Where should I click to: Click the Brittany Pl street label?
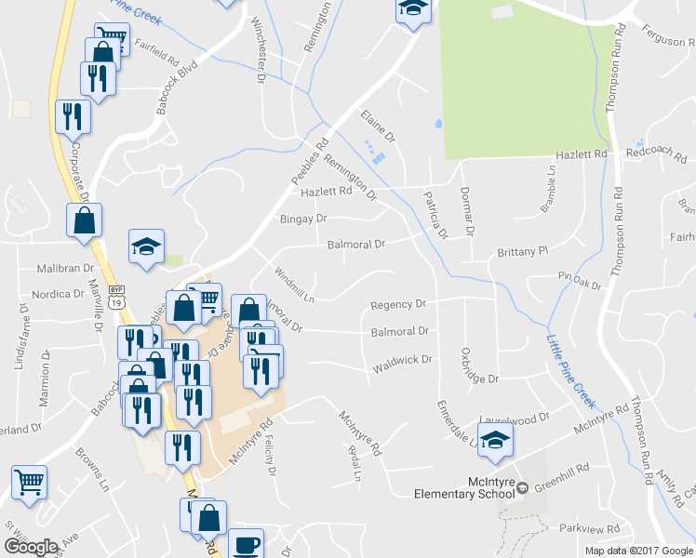point(524,251)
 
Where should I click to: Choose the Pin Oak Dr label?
point(580,279)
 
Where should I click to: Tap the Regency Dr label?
point(397,304)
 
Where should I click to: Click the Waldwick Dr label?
point(403,360)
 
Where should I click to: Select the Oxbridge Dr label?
point(479,367)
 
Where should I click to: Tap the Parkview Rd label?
point(589,527)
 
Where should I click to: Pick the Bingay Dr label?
point(304,219)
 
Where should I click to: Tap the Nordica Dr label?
point(57,294)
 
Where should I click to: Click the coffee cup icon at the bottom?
point(247,544)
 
